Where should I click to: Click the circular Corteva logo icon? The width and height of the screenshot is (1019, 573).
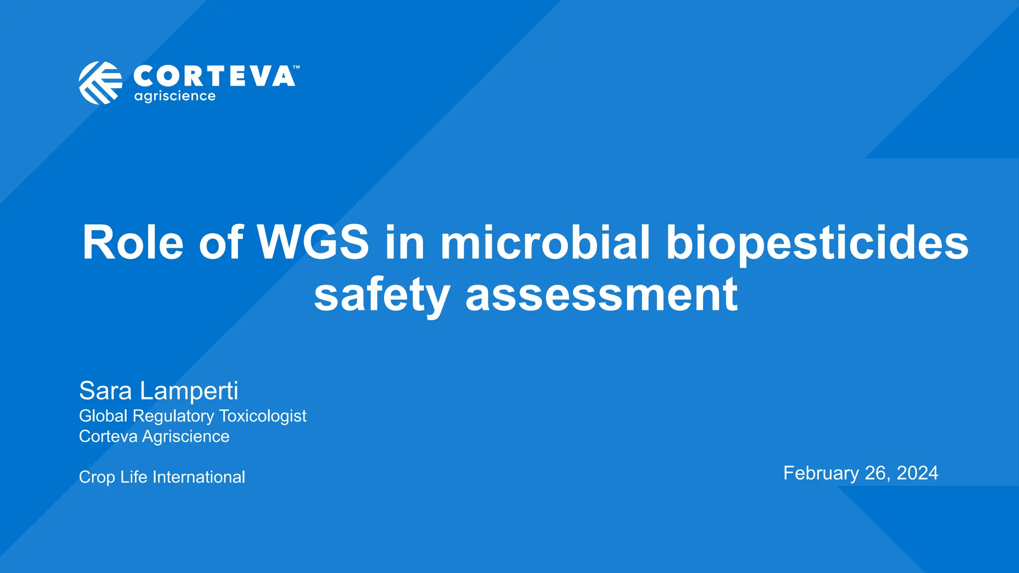[x=101, y=83]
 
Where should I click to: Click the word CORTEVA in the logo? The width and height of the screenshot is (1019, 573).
[x=214, y=77]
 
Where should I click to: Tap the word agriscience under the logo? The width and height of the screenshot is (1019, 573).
[x=175, y=96]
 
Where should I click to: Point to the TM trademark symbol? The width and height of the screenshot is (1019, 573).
[x=296, y=67]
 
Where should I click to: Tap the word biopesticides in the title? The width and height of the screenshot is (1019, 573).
[x=817, y=244]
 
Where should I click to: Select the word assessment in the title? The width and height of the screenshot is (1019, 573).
[x=602, y=295]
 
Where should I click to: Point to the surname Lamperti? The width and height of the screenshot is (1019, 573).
[x=189, y=391]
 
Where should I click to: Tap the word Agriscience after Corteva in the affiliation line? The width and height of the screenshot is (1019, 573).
[x=186, y=436]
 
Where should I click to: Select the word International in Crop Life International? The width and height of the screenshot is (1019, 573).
[x=199, y=477]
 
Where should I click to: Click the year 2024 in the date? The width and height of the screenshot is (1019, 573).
[x=917, y=473]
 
